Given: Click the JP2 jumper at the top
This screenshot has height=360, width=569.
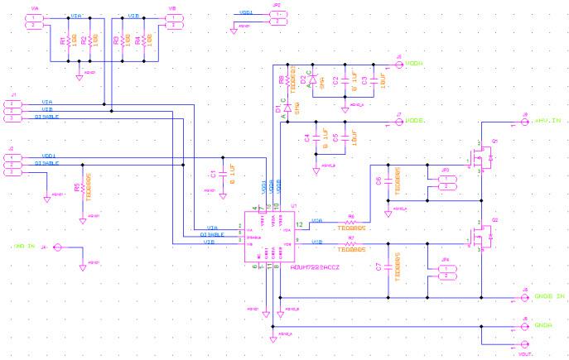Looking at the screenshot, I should click(280, 17).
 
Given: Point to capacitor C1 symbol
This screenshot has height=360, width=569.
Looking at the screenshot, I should click(221, 175).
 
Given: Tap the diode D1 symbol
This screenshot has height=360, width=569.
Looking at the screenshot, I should click(287, 108).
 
